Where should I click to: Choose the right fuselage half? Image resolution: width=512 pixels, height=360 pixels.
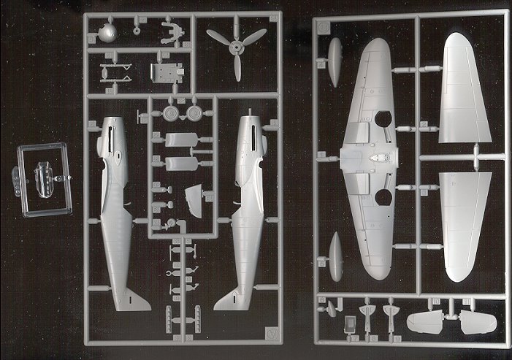[243, 212]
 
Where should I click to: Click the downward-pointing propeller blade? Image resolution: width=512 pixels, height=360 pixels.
[236, 69]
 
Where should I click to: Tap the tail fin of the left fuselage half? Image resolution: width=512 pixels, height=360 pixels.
[137, 299]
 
